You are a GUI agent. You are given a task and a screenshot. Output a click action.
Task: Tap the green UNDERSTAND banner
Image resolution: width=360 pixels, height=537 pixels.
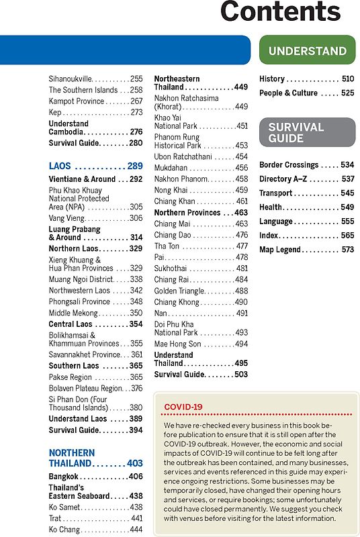(x=307, y=50)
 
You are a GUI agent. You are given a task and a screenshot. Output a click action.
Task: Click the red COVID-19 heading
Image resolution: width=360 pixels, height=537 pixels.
(x=183, y=407)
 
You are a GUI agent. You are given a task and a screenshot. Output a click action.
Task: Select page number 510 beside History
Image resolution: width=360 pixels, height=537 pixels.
(x=347, y=79)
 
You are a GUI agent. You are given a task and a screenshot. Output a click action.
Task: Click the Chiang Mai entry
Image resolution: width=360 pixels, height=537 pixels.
(x=173, y=224)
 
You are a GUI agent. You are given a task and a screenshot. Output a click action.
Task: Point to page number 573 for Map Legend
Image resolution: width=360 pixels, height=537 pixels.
(x=347, y=250)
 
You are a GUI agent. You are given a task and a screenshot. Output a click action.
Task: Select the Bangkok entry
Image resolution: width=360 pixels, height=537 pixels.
(x=68, y=476)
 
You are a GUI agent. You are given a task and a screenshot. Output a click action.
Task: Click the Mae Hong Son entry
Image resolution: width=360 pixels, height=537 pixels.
(x=177, y=344)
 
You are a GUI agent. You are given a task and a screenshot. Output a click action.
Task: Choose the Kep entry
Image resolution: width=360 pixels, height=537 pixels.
(x=55, y=112)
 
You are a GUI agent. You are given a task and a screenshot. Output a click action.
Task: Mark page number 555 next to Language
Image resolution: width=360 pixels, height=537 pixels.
(x=347, y=222)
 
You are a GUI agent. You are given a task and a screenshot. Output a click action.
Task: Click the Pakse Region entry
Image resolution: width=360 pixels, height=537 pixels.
(x=71, y=377)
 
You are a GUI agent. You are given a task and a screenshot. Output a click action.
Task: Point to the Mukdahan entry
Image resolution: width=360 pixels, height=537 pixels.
(x=173, y=168)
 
